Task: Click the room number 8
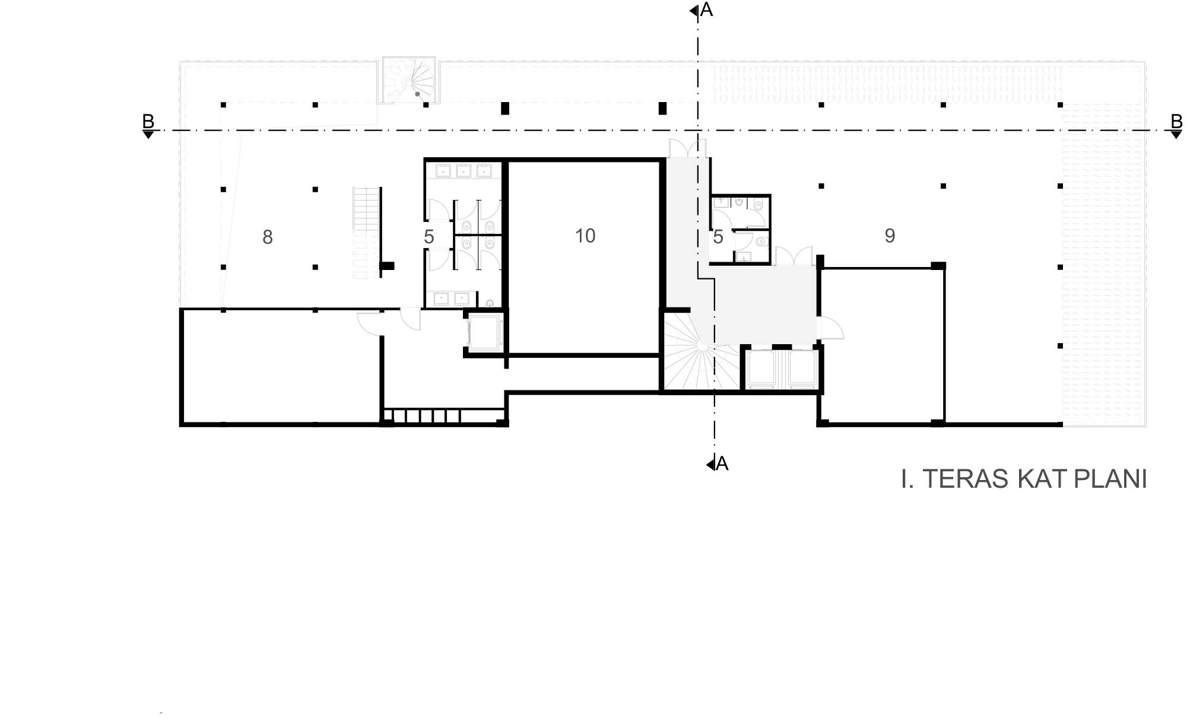268,237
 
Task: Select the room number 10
585,236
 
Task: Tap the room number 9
890,236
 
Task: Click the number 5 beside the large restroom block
429,237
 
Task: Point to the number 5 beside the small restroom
718,237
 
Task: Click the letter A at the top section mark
706,9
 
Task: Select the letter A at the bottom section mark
722,463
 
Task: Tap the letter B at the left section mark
148,121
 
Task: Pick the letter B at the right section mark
1176,121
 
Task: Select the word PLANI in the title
1110,479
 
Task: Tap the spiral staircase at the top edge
409,81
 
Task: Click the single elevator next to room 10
485,333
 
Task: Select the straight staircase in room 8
366,233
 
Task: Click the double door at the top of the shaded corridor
687,148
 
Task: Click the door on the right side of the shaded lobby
830,328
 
